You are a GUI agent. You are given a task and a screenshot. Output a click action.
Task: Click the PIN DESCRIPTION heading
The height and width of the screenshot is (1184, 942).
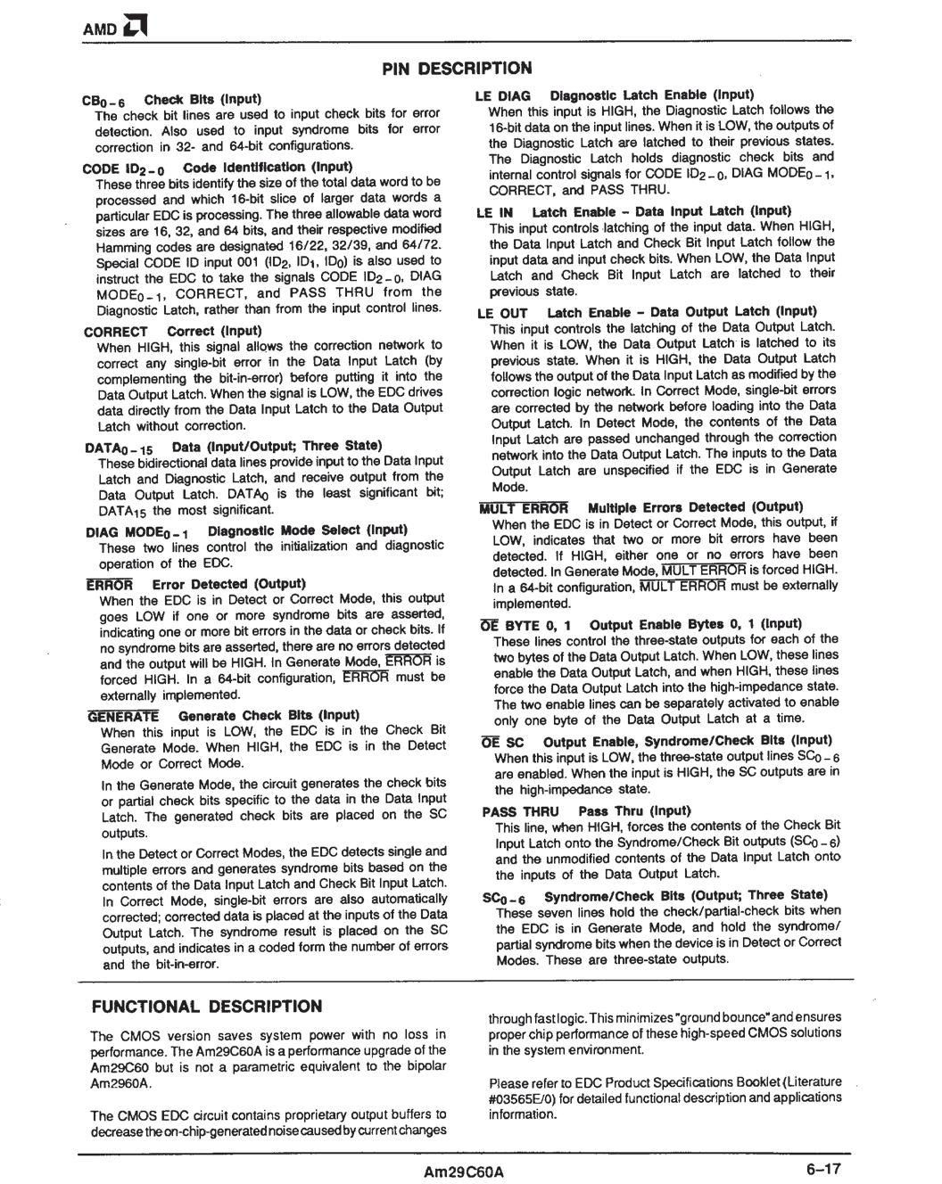pos(458,69)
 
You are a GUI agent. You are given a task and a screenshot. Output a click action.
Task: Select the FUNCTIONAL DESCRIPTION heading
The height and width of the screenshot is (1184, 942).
pos(206,1007)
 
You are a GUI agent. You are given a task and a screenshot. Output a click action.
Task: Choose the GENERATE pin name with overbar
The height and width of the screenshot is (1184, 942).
pos(123,715)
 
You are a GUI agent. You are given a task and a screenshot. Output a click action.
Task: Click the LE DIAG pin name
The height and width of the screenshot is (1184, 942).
pos(503,95)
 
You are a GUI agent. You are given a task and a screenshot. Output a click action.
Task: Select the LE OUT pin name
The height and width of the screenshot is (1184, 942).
pos(502,313)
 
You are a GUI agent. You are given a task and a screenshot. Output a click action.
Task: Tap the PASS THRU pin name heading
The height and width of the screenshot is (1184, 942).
pos(520,811)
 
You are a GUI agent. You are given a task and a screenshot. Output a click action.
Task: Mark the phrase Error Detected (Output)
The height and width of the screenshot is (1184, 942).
pos(228,584)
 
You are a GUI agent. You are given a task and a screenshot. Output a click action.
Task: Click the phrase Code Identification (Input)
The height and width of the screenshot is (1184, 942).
pos(268,167)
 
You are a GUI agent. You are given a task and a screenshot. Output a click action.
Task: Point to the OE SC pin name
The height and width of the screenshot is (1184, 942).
pos(502,742)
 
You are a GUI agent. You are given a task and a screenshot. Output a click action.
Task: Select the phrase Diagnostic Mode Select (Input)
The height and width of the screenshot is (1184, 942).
pos(295,530)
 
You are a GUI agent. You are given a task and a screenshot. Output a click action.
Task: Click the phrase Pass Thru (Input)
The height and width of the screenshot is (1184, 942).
pos(634,811)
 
